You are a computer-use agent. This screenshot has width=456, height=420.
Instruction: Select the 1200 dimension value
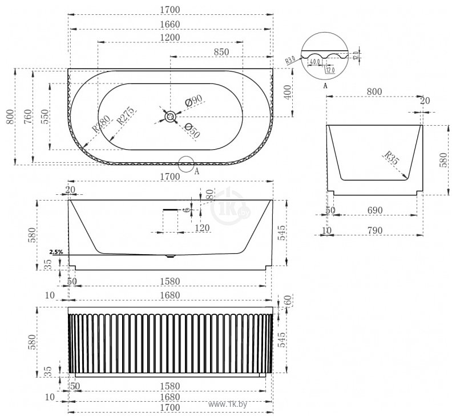tap(171, 37)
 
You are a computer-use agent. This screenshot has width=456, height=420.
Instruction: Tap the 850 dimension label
tap(221, 51)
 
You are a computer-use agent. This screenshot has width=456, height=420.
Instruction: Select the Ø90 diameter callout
tap(195, 101)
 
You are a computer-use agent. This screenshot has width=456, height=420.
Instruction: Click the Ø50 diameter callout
tap(192, 131)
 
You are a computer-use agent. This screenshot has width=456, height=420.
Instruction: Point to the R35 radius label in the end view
tap(390, 157)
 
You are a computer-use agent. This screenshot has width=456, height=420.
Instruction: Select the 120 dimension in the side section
tap(202, 228)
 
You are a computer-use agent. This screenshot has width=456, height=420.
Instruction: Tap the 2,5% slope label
tap(56, 251)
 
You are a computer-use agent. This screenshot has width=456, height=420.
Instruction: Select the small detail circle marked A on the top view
tap(186, 164)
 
